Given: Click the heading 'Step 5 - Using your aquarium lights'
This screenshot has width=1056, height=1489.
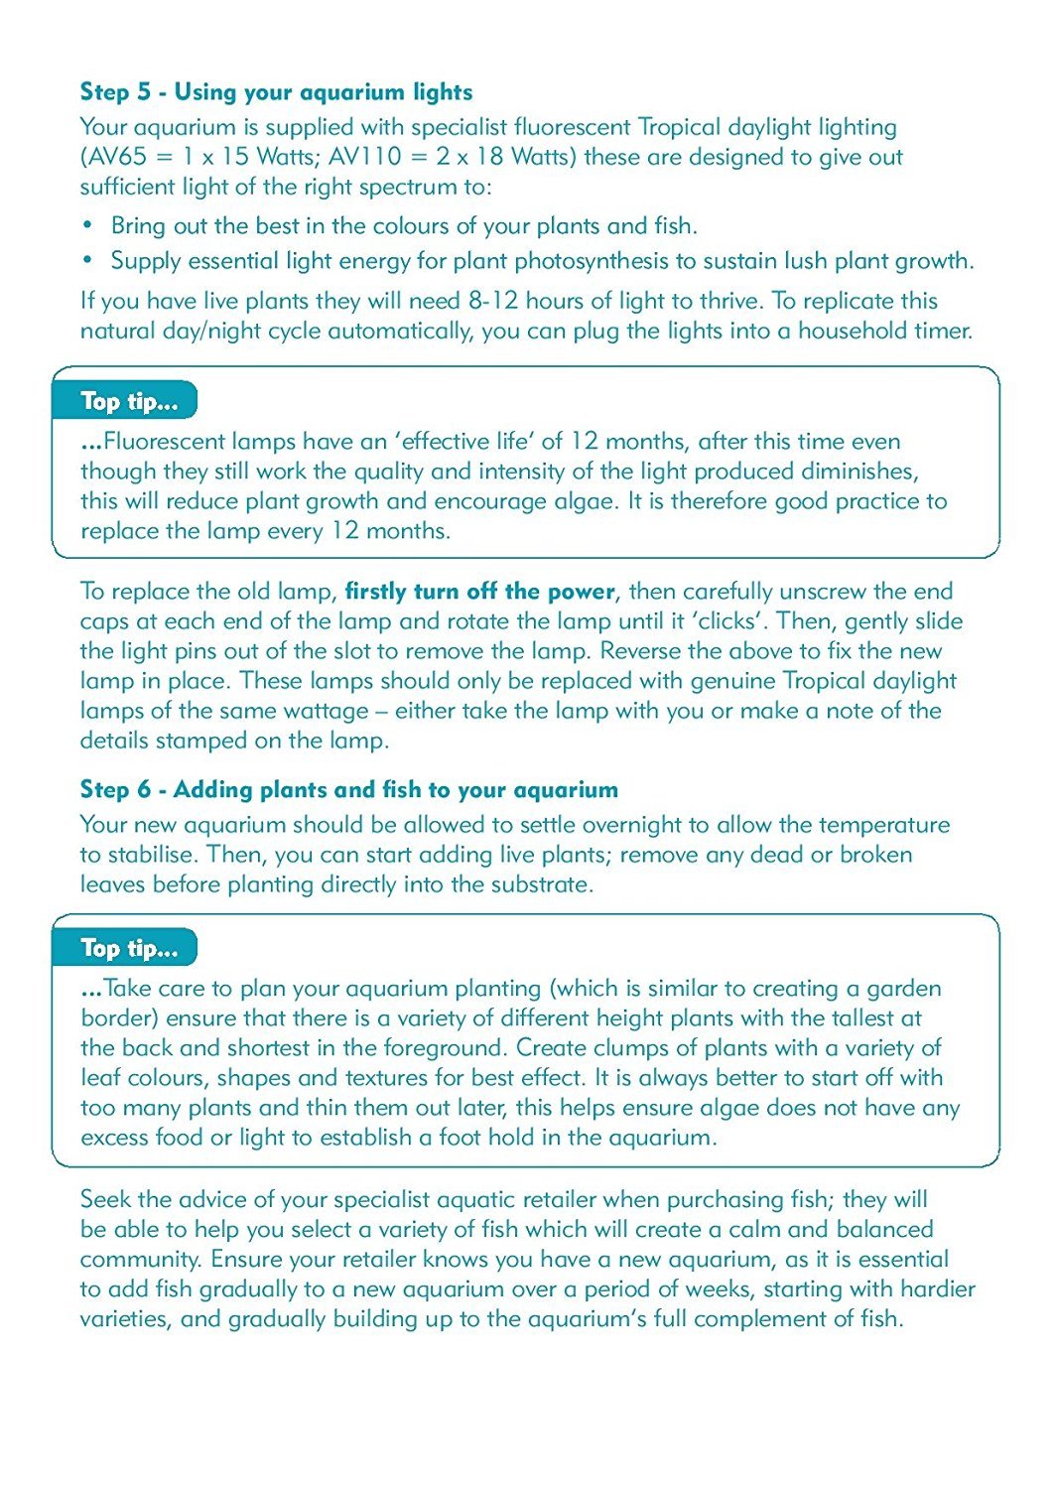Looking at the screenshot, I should tap(276, 92).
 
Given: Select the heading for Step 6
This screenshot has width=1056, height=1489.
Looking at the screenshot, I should tap(348, 790).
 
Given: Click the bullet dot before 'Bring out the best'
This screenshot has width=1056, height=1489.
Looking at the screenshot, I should tap(87, 224).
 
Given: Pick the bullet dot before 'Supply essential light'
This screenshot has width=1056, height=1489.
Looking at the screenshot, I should tap(87, 259).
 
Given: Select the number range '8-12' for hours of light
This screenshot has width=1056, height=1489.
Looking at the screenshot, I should tap(493, 301).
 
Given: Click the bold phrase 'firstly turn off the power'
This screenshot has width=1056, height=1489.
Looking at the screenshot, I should tap(480, 592).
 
